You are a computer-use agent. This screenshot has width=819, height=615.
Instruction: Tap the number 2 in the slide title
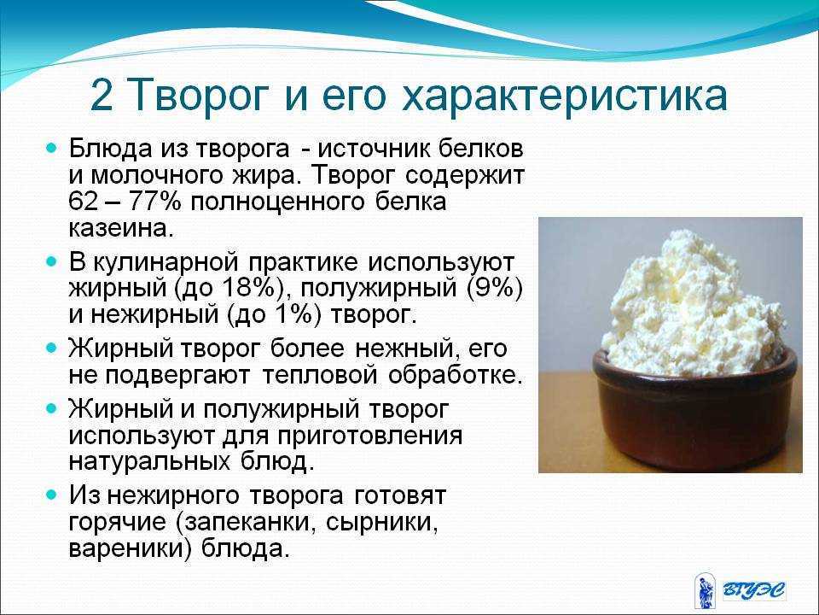[x=102, y=97]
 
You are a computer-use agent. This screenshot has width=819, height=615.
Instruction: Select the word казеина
[x=120, y=229]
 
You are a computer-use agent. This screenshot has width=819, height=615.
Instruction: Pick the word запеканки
[x=249, y=523]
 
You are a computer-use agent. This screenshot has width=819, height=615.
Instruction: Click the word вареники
[x=126, y=549]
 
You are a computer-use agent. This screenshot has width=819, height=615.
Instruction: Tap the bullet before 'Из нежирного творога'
[x=50, y=495]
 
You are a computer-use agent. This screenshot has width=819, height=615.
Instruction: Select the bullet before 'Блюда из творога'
[x=50, y=149]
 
